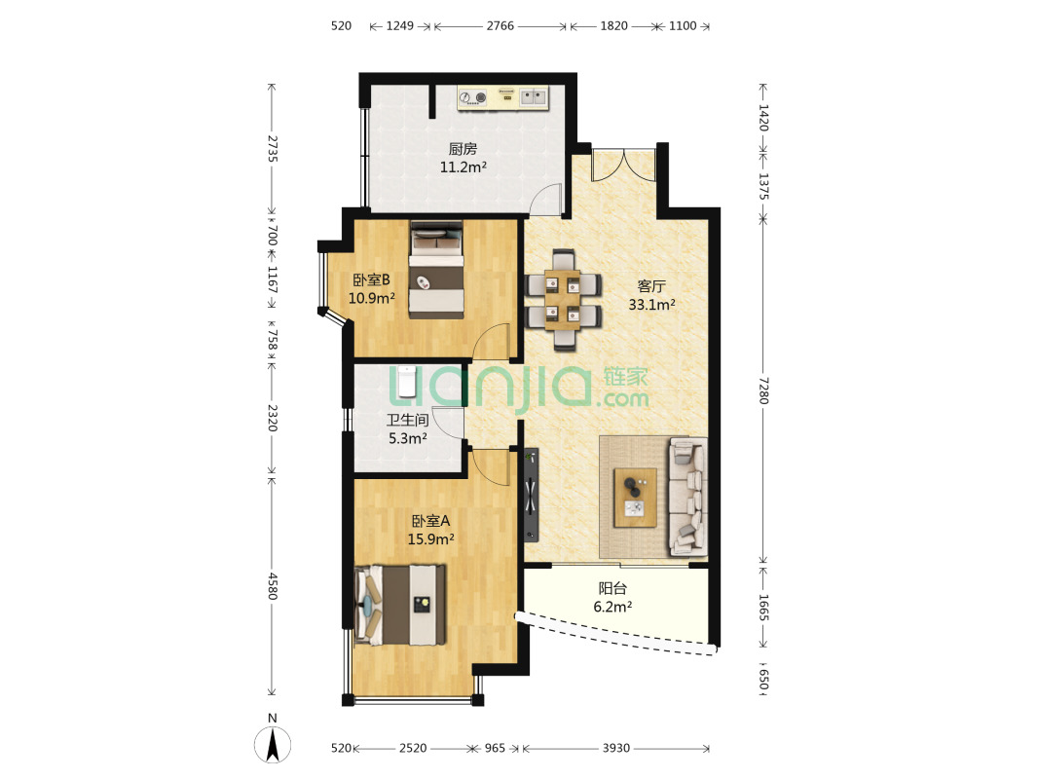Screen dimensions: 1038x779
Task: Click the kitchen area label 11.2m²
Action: point(463,167)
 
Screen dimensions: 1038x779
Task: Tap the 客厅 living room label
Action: point(651,286)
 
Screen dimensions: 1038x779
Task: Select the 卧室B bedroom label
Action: point(371,280)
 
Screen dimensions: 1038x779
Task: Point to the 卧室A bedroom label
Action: point(431,521)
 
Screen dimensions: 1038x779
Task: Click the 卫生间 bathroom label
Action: point(407,420)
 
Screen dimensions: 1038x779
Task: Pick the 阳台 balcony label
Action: point(612,588)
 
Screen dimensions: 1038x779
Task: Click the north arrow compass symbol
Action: point(273,744)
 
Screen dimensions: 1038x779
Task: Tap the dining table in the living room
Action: point(564,300)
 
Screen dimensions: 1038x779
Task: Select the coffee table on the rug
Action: point(636,498)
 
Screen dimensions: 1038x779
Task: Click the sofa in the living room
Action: point(688,497)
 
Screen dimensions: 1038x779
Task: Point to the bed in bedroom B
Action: point(435,270)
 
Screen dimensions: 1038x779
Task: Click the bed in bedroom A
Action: point(400,605)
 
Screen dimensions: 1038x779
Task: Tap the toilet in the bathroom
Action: point(407,380)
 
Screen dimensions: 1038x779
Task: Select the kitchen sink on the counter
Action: point(533,98)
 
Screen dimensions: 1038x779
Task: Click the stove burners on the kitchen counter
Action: point(473,98)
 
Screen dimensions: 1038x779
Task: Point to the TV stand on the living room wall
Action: point(531,496)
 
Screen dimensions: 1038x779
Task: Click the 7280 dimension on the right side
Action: point(763,390)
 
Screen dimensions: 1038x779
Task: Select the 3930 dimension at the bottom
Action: point(615,748)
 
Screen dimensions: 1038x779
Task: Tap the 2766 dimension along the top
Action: point(500,26)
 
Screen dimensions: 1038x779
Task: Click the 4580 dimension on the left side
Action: point(272,586)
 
